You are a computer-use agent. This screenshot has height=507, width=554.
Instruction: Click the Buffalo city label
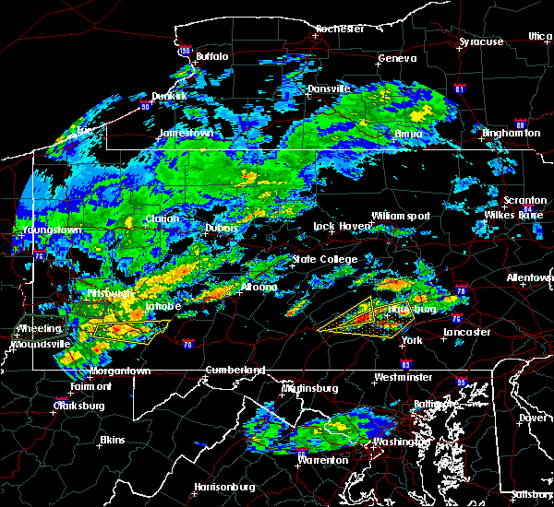[x=211, y=56]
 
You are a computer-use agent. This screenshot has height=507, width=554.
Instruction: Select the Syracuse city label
[x=481, y=42]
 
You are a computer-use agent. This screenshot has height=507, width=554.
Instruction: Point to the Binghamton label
[x=512, y=133]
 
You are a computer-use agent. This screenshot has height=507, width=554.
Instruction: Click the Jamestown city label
[x=187, y=133]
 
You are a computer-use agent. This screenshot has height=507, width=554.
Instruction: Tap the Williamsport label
[x=401, y=216]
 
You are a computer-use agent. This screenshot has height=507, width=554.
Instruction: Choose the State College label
[x=324, y=260]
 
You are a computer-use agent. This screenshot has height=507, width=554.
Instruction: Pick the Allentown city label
[x=528, y=277]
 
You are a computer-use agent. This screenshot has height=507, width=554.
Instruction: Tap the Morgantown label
[x=119, y=371]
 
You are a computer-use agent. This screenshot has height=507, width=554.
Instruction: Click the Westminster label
[x=403, y=378]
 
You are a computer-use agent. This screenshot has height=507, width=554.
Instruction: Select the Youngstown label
[x=54, y=229]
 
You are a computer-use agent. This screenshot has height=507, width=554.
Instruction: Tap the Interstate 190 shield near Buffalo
[x=186, y=51]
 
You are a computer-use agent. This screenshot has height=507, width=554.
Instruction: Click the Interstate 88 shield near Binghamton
[x=521, y=124]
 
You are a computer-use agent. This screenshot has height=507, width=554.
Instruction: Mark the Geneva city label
[x=391, y=59]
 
